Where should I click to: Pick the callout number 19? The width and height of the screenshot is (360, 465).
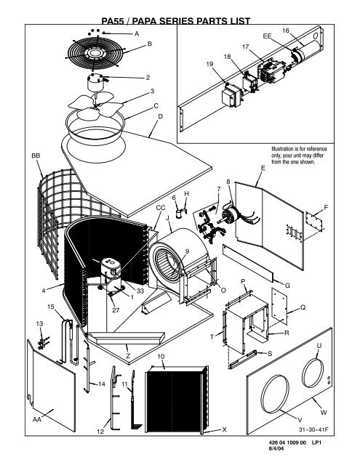pos(210,65)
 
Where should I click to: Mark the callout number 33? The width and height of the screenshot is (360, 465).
pos(140,291)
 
